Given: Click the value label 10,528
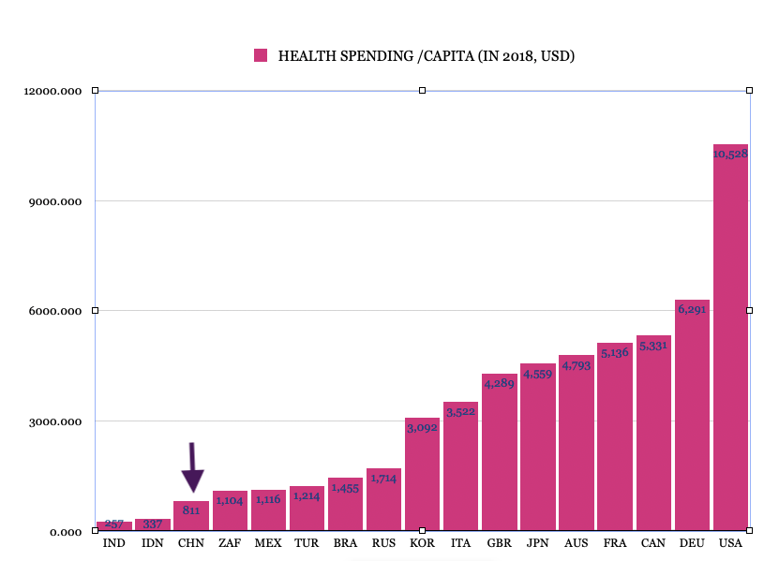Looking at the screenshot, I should coord(730,154).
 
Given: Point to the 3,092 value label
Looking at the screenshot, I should coord(422,427).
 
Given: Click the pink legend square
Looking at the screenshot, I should coord(261,55).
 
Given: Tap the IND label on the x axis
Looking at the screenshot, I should coord(113,543).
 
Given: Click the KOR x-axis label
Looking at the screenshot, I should coord(422,543).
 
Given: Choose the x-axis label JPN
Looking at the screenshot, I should coord(537,543).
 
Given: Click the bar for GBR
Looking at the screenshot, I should coord(499,459).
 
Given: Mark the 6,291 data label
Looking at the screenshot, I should coord(692,309).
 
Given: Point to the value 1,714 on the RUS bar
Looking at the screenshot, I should coord(383,478).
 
